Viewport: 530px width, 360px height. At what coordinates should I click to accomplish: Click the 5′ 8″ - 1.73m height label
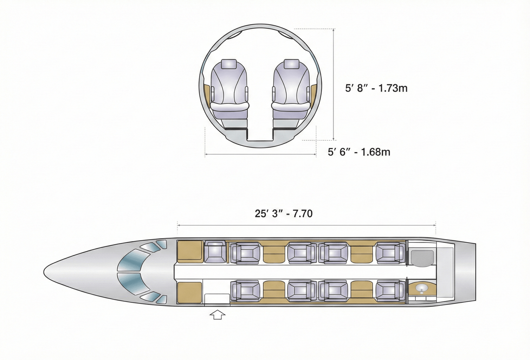[376, 88]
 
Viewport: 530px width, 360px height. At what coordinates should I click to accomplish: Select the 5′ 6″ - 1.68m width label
[359, 152]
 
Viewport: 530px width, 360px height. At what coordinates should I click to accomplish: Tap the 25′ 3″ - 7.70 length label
[284, 214]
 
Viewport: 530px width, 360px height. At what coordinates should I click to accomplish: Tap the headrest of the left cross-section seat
[229, 64]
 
